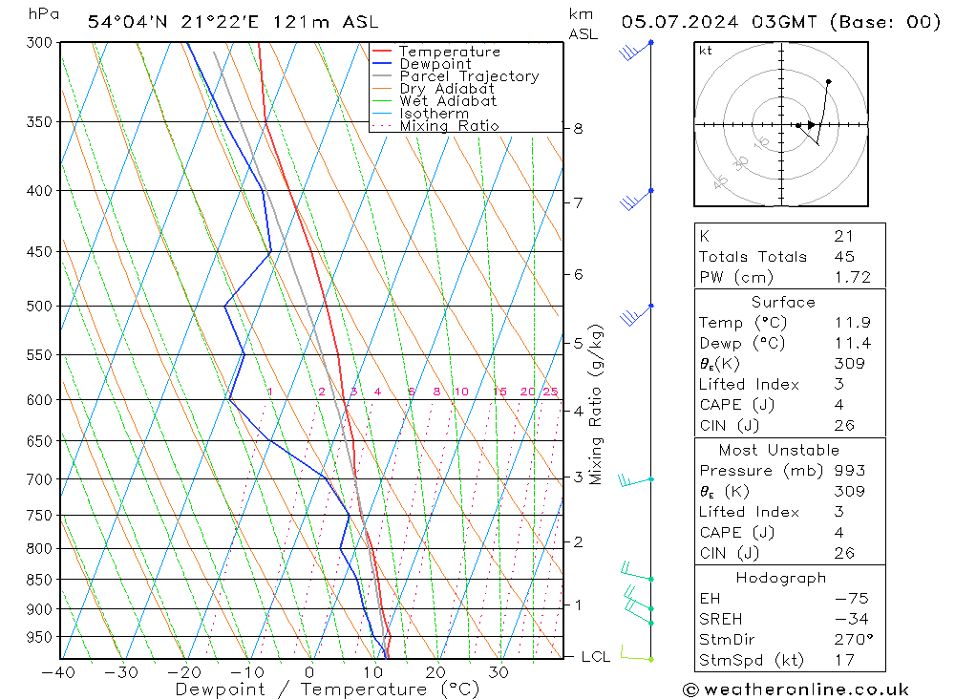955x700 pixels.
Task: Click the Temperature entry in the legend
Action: pos(449,52)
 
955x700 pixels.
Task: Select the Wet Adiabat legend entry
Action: pos(448,100)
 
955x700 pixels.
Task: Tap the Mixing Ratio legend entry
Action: pos(449,125)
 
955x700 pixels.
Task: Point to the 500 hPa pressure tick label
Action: pos(39,307)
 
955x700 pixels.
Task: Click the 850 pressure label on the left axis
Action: pos(39,580)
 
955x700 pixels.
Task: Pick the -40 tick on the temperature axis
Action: pos(59,671)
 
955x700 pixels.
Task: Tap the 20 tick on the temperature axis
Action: pos(435,671)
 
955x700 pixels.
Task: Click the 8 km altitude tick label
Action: pos(578,129)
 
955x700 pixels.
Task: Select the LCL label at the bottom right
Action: pos(595,657)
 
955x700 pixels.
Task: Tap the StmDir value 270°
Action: pos(848,639)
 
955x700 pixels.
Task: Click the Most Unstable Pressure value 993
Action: pos(849,470)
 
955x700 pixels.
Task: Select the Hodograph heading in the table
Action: pos(781,578)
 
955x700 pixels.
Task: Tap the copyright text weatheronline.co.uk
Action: pos(795,689)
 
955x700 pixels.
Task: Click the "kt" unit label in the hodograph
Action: pos(706,51)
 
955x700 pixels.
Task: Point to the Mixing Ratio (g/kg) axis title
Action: pos(597,404)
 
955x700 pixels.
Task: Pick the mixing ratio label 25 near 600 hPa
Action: pos(550,392)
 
